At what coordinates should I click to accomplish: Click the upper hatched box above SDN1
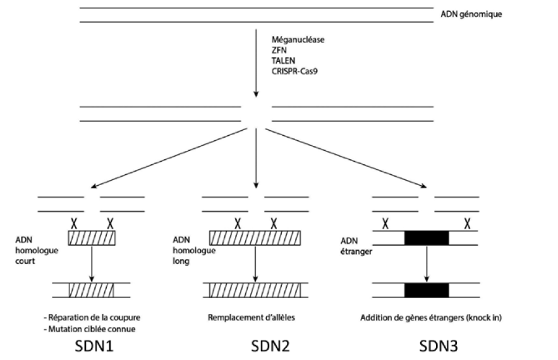[92, 239]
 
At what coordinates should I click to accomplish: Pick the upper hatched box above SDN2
[255, 239]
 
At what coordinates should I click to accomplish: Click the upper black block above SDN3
[427, 238]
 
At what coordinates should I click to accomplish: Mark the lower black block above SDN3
[427, 290]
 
